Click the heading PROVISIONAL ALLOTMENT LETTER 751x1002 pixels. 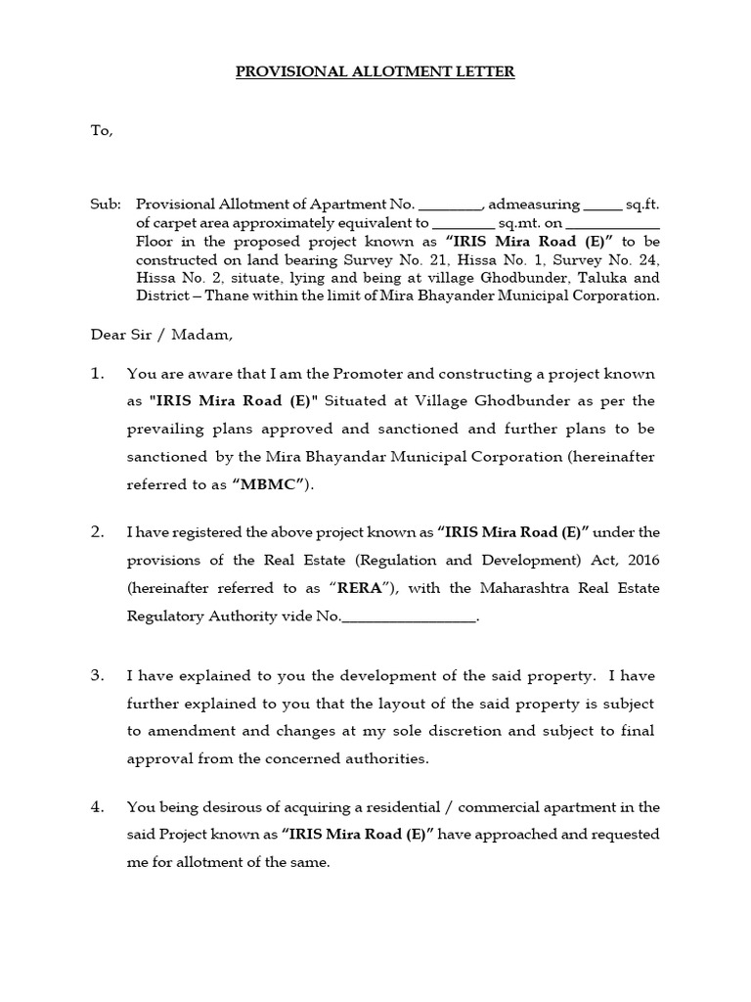pyautogui.click(x=375, y=71)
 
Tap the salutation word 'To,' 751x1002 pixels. pyautogui.click(x=102, y=130)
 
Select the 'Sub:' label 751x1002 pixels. pyautogui.click(x=106, y=205)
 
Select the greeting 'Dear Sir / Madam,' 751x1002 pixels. pyautogui.click(x=161, y=335)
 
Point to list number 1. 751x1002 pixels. pyautogui.click(x=97, y=374)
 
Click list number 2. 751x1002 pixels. pyautogui.click(x=97, y=532)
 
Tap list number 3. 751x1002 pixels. pyautogui.click(x=97, y=676)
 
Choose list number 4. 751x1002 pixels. pyautogui.click(x=97, y=807)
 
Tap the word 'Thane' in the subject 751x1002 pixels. pyautogui.click(x=221, y=296)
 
